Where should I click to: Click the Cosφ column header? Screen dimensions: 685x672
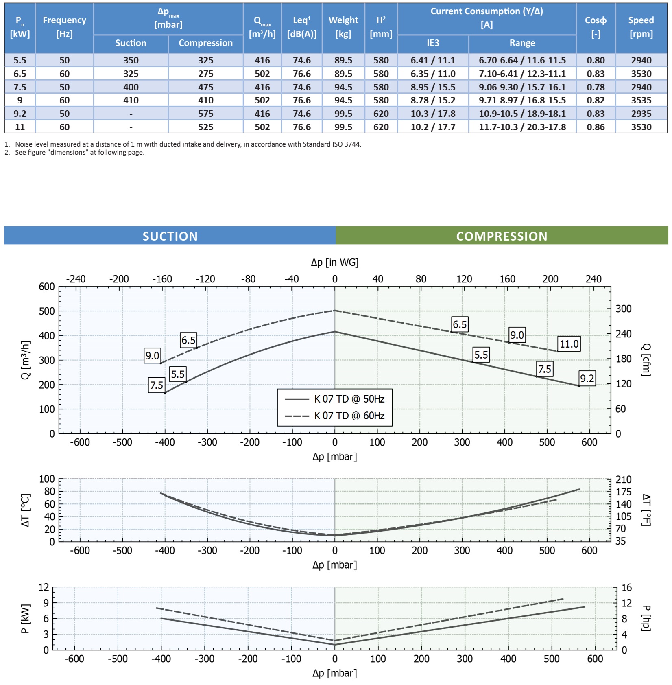tap(596, 27)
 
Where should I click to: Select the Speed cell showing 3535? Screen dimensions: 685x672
tap(641, 100)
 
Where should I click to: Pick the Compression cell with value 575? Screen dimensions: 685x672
tap(205, 114)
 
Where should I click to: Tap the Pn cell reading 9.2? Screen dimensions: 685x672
tap(20, 114)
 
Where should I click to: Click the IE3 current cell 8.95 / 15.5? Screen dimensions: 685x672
tap(433, 87)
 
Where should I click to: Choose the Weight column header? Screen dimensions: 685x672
tap(343, 27)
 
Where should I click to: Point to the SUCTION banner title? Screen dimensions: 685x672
tap(170, 236)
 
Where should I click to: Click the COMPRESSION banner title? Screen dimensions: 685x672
tap(502, 236)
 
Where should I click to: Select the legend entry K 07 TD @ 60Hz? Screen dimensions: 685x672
tap(349, 416)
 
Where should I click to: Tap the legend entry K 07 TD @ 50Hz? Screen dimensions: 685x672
tap(349, 399)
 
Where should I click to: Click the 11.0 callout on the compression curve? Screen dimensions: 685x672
tap(569, 344)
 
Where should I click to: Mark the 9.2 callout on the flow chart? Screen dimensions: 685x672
tap(587, 379)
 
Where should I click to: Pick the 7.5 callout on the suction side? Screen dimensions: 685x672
tap(157, 385)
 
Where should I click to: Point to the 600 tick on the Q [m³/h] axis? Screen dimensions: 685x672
tap(47, 287)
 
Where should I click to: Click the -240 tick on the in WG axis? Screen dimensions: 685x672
tap(76, 279)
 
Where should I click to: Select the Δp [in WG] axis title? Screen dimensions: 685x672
tap(334, 263)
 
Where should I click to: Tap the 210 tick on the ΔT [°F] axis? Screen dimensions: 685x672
tap(623, 479)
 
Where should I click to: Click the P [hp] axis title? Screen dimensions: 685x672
tap(646, 618)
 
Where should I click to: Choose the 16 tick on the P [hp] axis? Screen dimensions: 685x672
tap(626, 587)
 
